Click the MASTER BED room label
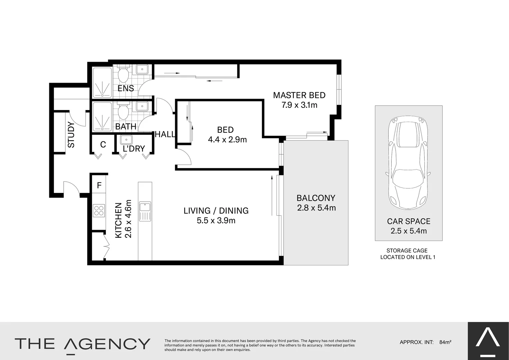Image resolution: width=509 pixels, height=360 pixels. click(299, 95)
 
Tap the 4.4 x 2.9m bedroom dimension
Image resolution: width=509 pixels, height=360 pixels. click(227, 140)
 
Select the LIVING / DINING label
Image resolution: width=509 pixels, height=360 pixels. click(216, 211)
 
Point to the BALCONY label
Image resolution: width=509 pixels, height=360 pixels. click(316, 198)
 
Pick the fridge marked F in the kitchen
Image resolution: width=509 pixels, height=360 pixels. click(99, 186)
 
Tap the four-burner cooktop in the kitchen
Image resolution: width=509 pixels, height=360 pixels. click(99, 211)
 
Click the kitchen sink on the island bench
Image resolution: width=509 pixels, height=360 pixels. click(145, 211)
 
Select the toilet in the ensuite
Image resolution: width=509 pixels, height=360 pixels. click(123, 75)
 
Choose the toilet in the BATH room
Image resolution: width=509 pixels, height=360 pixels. click(123, 111)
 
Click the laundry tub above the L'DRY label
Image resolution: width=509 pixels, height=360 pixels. click(126, 139)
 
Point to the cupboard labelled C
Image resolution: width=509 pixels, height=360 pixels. click(103, 144)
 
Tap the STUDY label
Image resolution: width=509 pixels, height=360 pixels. click(71, 135)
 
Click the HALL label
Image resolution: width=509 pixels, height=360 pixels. click(165, 134)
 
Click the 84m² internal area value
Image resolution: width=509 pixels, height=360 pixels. click(445, 342)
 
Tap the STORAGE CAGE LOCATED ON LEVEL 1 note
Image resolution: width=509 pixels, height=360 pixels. click(407, 254)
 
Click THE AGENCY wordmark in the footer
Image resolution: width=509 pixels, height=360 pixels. click(82, 344)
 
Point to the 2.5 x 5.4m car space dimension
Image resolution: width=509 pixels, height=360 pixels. click(408, 231)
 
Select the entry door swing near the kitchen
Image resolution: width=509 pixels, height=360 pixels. click(71, 188)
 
